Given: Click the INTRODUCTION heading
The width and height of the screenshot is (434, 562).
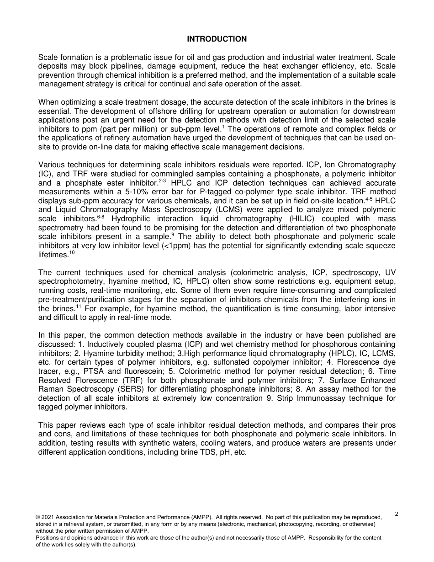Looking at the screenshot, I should [217, 39].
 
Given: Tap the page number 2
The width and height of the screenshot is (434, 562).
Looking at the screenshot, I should [396, 514].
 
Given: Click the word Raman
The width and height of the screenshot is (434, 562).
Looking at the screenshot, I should [49, 389].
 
